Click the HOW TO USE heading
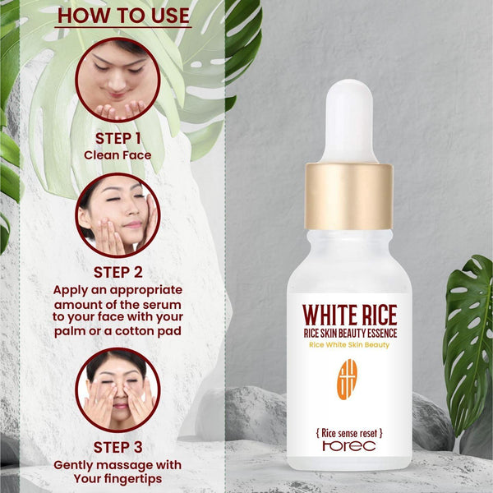pyautogui.click(x=123, y=16)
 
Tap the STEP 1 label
pyautogui.click(x=117, y=137)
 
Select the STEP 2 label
pyautogui.click(x=117, y=273)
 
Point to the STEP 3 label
pyautogui.click(x=117, y=447)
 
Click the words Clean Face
pyautogui.click(x=117, y=154)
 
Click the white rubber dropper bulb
pyautogui.click(x=349, y=118)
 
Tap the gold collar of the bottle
pyautogui.click(x=349, y=196)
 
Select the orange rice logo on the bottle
pyautogui.click(x=348, y=377)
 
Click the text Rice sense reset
pyautogui.click(x=349, y=432)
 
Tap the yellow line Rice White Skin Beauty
pyautogui.click(x=349, y=344)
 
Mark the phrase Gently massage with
pyautogui.click(x=117, y=464)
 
